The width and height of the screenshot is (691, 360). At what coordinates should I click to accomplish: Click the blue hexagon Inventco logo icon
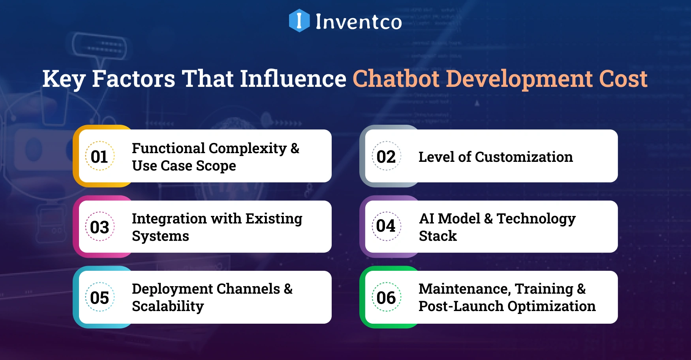pos(299,21)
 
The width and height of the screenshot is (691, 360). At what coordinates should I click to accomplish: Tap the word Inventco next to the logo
pos(359,22)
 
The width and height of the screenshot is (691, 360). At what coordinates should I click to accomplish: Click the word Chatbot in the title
pos(396,79)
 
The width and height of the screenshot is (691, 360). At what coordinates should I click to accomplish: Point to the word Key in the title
pos(64,79)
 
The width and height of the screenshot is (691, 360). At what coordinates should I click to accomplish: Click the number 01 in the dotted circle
pos(100,157)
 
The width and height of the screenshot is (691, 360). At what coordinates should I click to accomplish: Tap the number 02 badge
pos(386,157)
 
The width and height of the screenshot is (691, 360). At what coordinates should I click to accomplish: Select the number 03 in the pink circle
pos(100,227)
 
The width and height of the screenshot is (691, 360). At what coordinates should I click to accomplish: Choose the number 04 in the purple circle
pos(386,226)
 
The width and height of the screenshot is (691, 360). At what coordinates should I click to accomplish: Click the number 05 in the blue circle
pos(100,297)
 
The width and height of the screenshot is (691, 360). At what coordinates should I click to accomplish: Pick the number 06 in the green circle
pos(386,297)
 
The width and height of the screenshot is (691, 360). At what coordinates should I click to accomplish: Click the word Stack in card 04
pos(438,236)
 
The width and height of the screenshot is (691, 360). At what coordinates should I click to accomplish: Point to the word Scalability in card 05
pos(168,306)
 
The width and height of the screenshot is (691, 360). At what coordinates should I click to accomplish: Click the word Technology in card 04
pos(536,219)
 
